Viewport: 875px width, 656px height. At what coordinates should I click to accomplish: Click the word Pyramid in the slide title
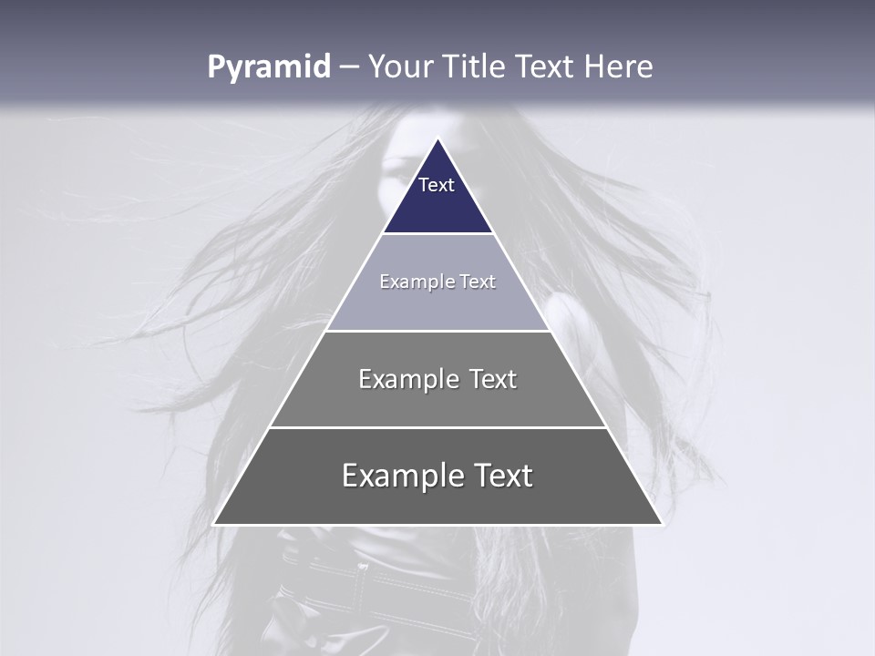tap(268, 67)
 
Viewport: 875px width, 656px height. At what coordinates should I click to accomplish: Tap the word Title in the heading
tap(475, 67)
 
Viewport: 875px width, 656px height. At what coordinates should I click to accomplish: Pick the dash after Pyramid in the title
tap(349, 67)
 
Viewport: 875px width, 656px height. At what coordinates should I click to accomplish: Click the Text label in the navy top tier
tap(437, 185)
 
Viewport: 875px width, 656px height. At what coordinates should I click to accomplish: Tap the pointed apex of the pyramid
tap(438, 139)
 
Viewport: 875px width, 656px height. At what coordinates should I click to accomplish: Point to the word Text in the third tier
tap(493, 379)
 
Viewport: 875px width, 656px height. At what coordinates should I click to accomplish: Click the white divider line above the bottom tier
tap(437, 427)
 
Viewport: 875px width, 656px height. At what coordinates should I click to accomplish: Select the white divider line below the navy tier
tap(437, 234)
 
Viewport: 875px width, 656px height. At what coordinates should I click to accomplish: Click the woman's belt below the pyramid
tap(383, 583)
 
